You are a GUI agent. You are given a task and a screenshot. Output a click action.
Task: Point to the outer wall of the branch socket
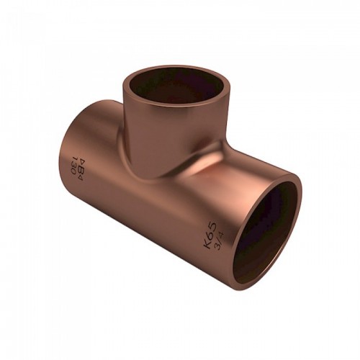point(144,122)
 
